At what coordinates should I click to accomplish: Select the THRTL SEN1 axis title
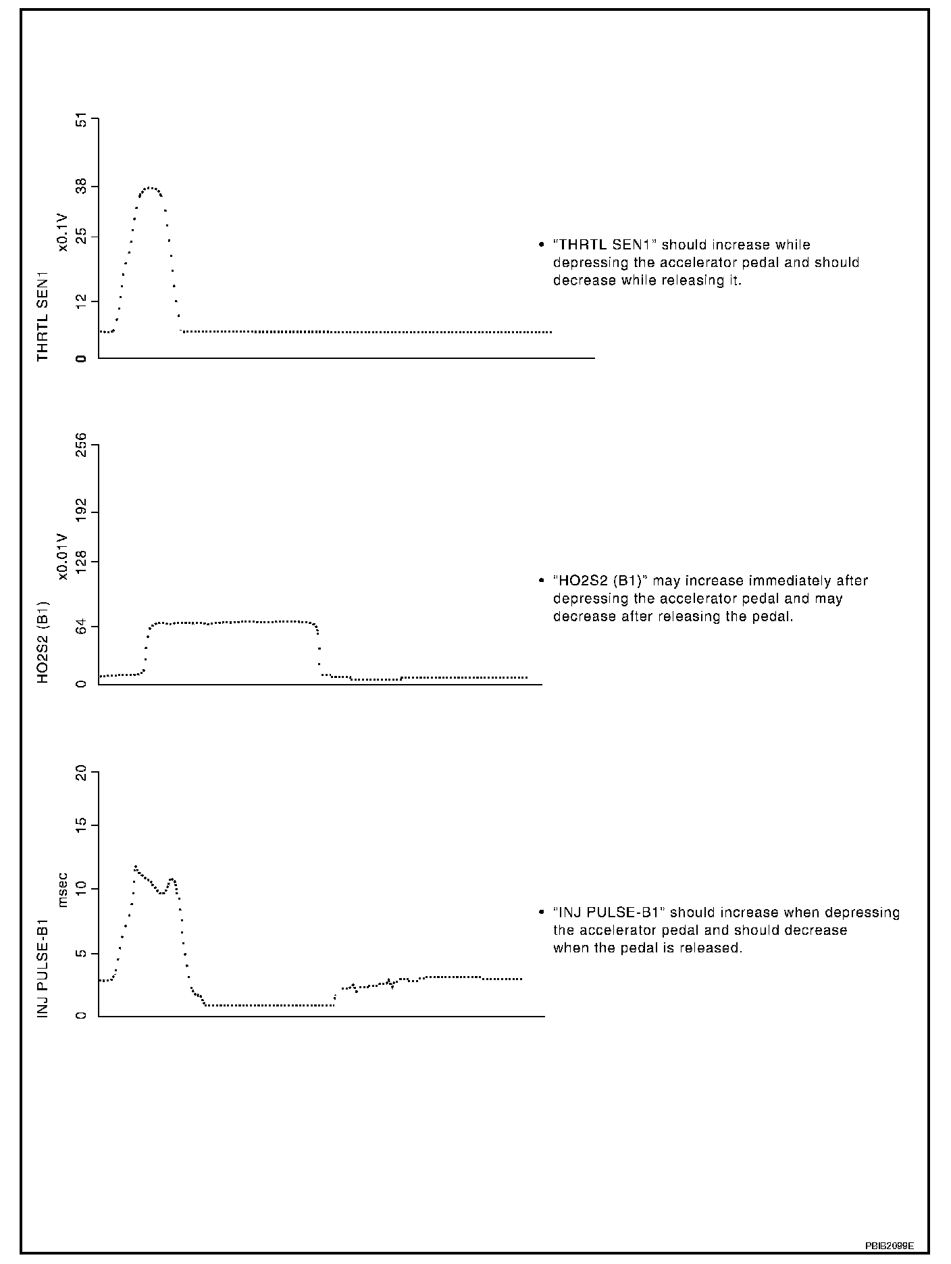[x=43, y=316]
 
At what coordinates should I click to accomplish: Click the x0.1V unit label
[x=63, y=232]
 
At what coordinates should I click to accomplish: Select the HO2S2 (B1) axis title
[x=43, y=640]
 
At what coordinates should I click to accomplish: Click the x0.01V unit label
[x=63, y=556]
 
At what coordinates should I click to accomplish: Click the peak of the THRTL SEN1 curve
[x=151, y=188]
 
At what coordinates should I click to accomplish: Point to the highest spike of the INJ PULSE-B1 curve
[x=135, y=866]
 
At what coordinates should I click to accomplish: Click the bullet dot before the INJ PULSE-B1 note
[x=541, y=913]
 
